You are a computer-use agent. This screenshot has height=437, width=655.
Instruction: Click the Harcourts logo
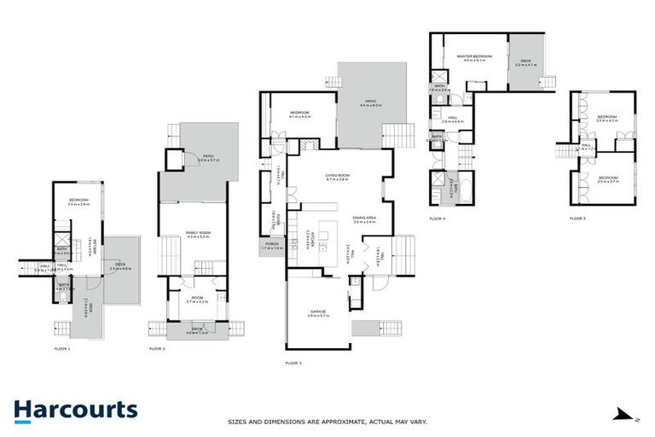[75, 410]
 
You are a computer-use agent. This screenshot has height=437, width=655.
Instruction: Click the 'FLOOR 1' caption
[62, 349]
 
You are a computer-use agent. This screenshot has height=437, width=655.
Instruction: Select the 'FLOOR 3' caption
[293, 363]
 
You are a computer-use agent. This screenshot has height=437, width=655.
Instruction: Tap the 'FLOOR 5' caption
[578, 218]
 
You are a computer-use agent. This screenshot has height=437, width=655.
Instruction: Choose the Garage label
[316, 314]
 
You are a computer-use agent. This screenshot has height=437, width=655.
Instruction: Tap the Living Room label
[339, 178]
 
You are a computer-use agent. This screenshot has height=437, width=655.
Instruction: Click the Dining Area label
[365, 218]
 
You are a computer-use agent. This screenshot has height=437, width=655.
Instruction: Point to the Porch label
[271, 245]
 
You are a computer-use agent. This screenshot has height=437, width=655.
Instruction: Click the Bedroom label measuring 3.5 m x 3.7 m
[607, 179]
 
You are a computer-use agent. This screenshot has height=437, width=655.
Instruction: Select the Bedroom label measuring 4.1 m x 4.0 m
[299, 114]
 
